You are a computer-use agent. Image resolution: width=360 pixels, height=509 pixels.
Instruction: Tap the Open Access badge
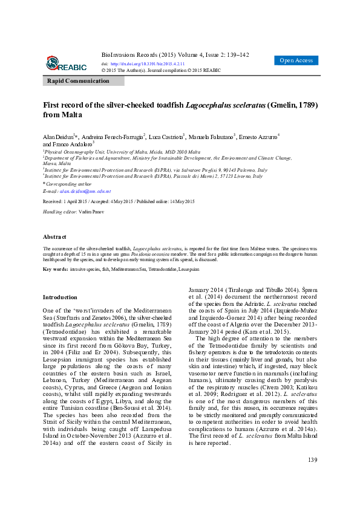[x=296, y=60]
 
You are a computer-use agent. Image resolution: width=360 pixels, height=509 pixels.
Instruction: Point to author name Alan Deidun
[x=57, y=137]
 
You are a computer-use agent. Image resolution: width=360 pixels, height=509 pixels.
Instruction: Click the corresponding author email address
[x=85, y=190]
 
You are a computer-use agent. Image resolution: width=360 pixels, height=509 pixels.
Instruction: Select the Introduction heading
[x=60, y=297]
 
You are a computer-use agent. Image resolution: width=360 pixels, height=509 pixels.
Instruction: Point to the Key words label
[x=55, y=268]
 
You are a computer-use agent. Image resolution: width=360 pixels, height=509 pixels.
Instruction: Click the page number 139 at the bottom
[x=312, y=461]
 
